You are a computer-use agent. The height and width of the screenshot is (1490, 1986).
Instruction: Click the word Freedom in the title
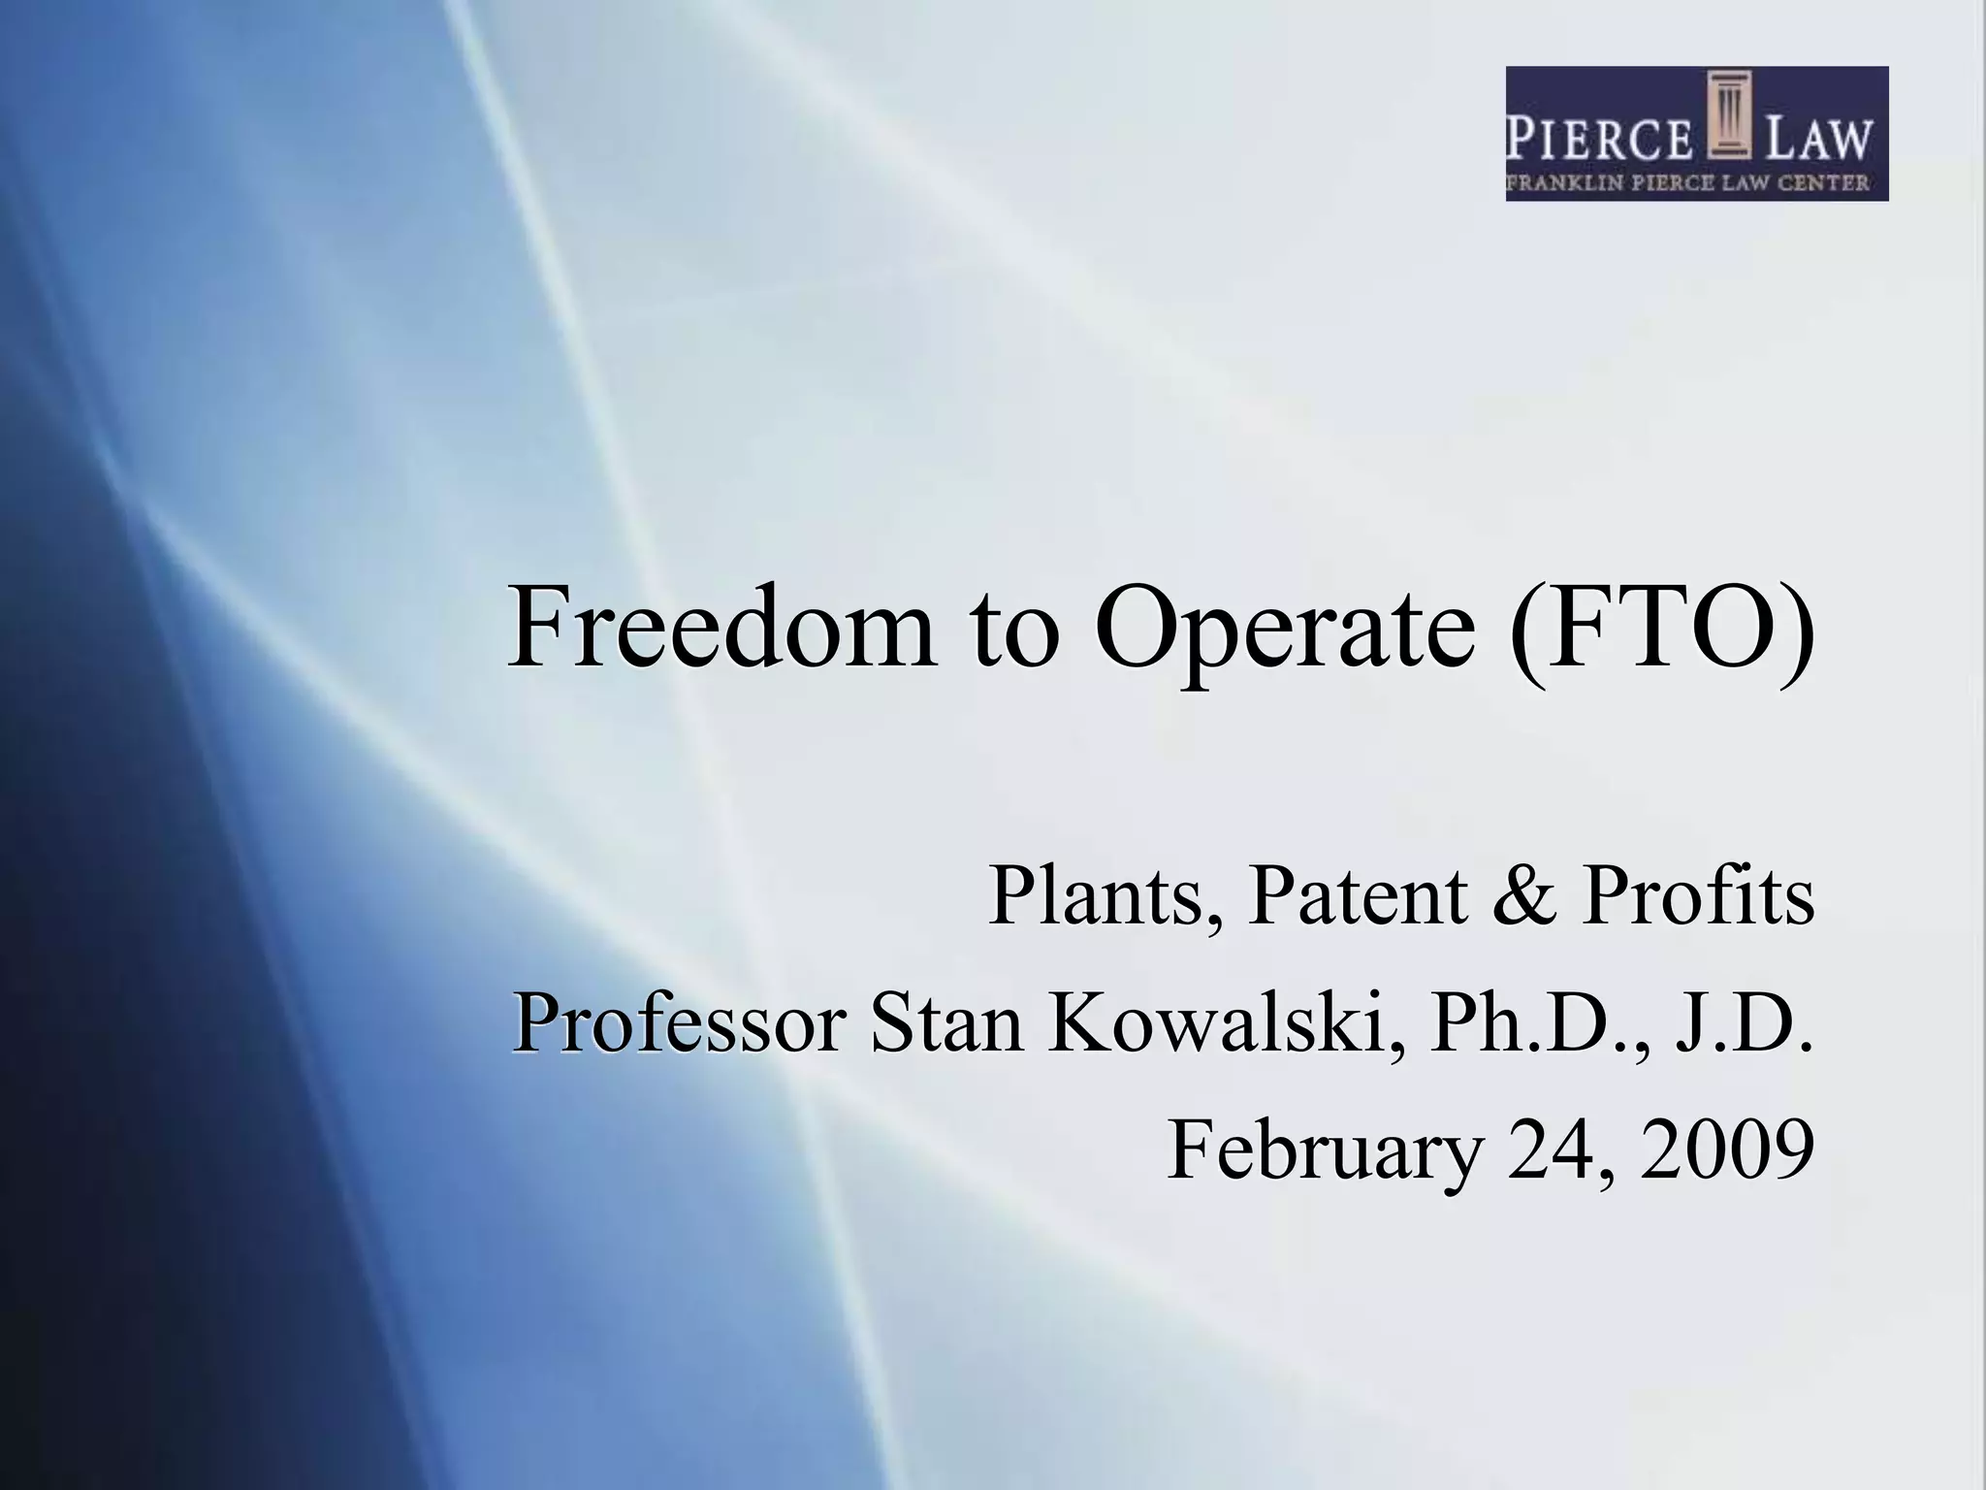point(721,629)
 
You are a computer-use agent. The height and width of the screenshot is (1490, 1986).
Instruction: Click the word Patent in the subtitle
point(1358,897)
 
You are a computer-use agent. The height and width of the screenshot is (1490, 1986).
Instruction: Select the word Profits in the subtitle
point(1697,897)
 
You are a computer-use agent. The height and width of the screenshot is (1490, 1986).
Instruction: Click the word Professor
point(679,1023)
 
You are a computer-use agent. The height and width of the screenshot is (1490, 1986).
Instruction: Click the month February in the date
point(1324,1151)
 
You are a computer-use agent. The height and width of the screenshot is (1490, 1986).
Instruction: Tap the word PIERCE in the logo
point(1599,139)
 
